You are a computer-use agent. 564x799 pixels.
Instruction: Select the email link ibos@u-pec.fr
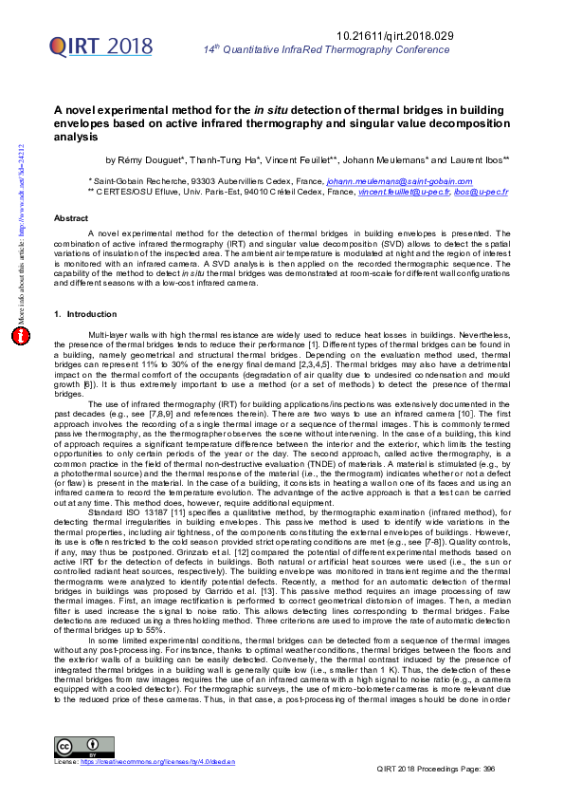[x=482, y=192]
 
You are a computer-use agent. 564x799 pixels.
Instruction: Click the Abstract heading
[x=71, y=217]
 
